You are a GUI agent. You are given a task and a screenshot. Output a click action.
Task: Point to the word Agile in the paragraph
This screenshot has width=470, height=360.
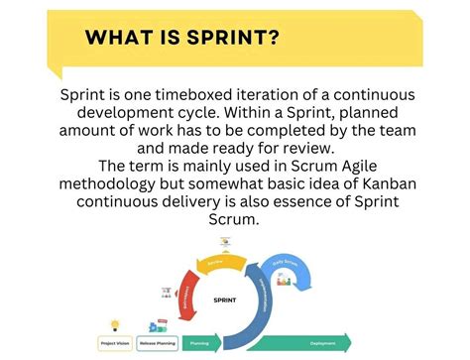pyautogui.click(x=358, y=165)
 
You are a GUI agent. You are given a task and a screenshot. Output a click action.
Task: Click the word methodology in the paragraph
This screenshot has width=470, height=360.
pyautogui.click(x=112, y=183)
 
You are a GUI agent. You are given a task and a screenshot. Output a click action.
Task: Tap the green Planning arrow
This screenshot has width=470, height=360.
pyautogui.click(x=204, y=344)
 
